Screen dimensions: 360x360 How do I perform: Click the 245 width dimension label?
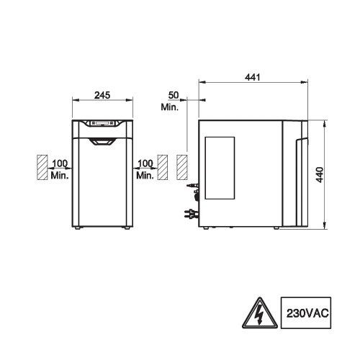pyautogui.click(x=102, y=95)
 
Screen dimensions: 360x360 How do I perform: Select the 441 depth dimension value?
pyautogui.click(x=253, y=77)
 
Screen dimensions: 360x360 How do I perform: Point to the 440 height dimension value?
pyautogui.click(x=320, y=175)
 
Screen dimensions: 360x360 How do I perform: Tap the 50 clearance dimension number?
pyautogui.click(x=174, y=95)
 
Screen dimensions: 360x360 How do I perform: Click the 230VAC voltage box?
pyautogui.click(x=306, y=312)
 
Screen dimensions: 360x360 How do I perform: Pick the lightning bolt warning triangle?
pyautogui.click(x=260, y=314)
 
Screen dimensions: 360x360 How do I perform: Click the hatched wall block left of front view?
pyautogui.click(x=42, y=167)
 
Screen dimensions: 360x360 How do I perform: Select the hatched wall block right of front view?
pyautogui.click(x=163, y=167)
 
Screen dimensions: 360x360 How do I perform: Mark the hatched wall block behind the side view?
pyautogui.click(x=182, y=167)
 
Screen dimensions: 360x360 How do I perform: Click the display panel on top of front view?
pyautogui.click(x=102, y=123)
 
